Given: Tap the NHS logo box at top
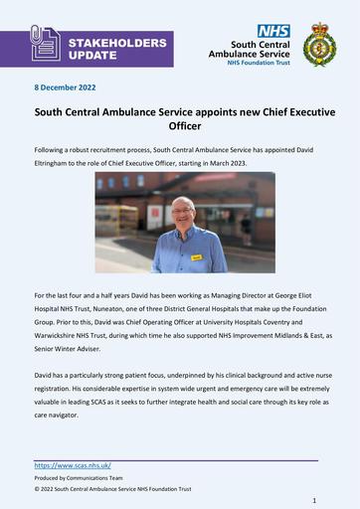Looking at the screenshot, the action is [273, 32].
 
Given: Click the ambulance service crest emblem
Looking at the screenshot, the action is [319, 45].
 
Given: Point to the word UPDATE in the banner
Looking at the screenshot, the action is [92, 56].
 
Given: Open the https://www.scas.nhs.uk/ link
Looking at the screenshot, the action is [73, 465].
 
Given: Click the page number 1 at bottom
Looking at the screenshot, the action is [314, 500].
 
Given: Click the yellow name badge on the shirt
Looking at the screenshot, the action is [197, 256].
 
